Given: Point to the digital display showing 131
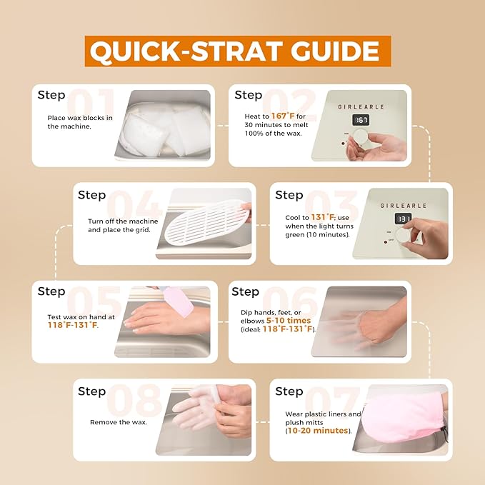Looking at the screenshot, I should tap(404, 219).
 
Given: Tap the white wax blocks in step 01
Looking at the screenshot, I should tap(164, 129).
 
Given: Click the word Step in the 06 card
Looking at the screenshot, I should tap(245, 291).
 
